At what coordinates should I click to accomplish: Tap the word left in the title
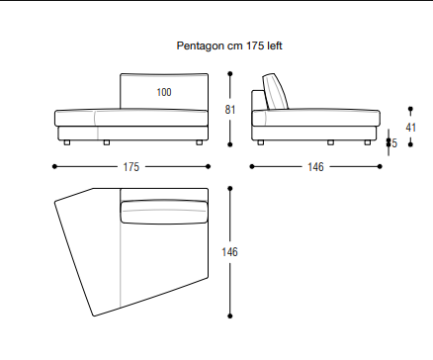tap(275, 45)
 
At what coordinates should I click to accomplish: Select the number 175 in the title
tap(255, 45)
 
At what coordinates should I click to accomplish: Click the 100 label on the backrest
tap(164, 92)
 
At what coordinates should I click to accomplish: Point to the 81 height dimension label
tap(230, 110)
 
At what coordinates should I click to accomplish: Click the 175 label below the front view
tap(131, 167)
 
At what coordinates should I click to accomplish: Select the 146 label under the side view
tap(315, 167)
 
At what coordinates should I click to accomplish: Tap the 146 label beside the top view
tap(229, 252)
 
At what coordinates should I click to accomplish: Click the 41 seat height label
tap(410, 128)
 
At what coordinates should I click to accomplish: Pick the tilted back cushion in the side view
tap(276, 92)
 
